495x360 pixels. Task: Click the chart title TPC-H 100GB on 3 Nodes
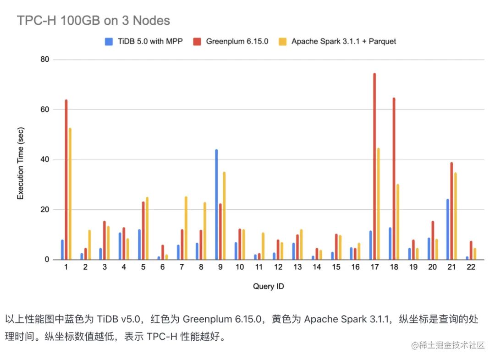click(x=93, y=21)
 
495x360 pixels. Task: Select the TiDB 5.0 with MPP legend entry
click(x=144, y=41)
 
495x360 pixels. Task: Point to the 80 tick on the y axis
click(x=44, y=60)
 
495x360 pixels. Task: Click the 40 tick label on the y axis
click(x=44, y=159)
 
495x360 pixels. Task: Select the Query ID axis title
click(x=268, y=287)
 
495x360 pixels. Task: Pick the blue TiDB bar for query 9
click(x=216, y=204)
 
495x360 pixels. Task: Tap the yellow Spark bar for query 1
click(x=70, y=194)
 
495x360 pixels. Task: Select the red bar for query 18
click(x=394, y=179)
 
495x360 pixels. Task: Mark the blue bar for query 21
click(x=447, y=229)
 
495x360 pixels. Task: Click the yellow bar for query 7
click(x=186, y=228)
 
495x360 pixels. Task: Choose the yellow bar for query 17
click(x=378, y=204)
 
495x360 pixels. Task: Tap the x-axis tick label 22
click(x=471, y=267)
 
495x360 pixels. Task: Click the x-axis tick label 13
click(x=297, y=267)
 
